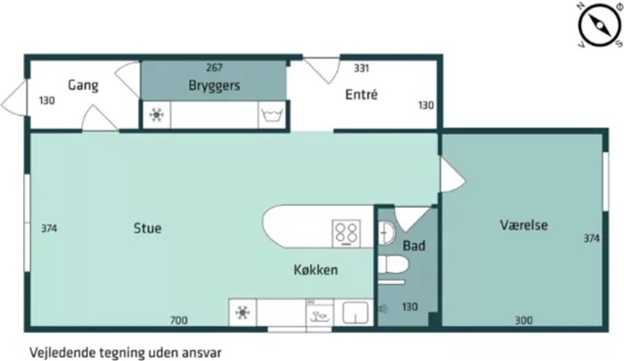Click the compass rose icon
pyautogui.click(x=600, y=24)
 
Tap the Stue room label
pyautogui.click(x=147, y=228)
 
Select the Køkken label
pyautogui.click(x=316, y=269)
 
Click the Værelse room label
pyautogui.click(x=524, y=224)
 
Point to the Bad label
pyautogui.click(x=413, y=246)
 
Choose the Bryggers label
pyautogui.click(x=214, y=86)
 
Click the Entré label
pyautogui.click(x=362, y=95)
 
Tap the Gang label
pyautogui.click(x=83, y=85)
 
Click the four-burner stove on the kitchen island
pyautogui.click(x=346, y=233)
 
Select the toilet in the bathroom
pyautogui.click(x=393, y=264)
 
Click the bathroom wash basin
pyautogui.click(x=386, y=233)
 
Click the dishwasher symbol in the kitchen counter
pyautogui.click(x=320, y=313)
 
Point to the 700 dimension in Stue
pyautogui.click(x=178, y=320)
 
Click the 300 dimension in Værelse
pyautogui.click(x=524, y=320)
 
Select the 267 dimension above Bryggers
pyautogui.click(x=214, y=67)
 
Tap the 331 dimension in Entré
pyautogui.click(x=362, y=68)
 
